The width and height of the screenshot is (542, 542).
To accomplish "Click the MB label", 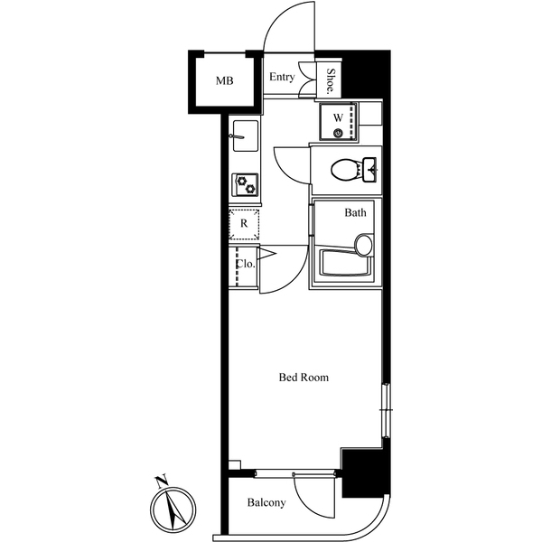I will click(224, 81).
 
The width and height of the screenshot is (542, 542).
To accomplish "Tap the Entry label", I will click(282, 78).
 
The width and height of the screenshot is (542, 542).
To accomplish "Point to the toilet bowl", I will click(344, 169).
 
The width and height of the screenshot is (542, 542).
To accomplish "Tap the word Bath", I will click(355, 214).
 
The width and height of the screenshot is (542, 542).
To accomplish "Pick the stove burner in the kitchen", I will click(245, 184).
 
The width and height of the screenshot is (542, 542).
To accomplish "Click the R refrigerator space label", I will click(243, 222).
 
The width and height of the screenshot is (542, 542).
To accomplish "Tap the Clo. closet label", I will click(244, 265).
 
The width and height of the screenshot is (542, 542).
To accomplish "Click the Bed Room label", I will click(303, 378).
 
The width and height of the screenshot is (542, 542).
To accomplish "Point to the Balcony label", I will click(266, 503).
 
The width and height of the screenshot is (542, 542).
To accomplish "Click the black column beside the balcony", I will click(365, 474).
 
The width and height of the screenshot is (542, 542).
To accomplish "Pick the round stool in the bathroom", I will click(364, 245).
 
